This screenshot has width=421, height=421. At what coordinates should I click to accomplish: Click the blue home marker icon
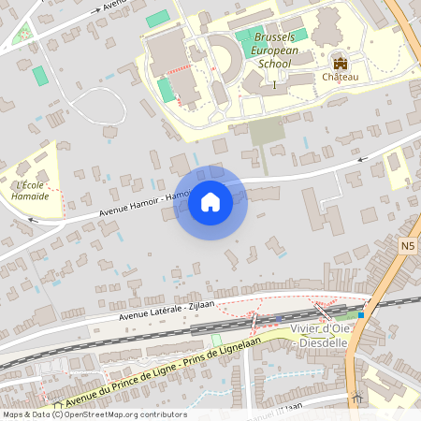pyautogui.click(x=210, y=201)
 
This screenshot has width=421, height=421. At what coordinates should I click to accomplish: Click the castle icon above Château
pyautogui.click(x=340, y=63)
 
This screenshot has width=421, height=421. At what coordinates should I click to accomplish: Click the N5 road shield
pyautogui.click(x=406, y=246)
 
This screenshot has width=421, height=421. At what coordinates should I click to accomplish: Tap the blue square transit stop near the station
pyautogui.click(x=360, y=314)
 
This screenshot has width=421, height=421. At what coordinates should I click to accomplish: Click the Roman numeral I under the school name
pyautogui.click(x=274, y=85)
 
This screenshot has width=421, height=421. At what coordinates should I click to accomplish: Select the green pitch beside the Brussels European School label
pyautogui.click(x=245, y=41)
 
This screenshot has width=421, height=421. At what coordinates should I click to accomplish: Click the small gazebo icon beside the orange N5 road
pyautogui.click(x=356, y=397)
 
